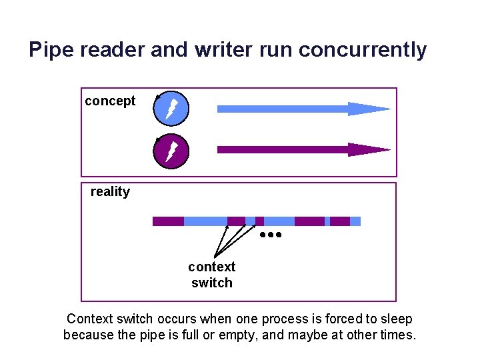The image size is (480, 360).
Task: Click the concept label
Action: pyautogui.click(x=110, y=101)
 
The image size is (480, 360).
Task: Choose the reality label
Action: pyautogui.click(x=110, y=192)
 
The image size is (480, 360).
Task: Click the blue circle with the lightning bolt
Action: pyautogui.click(x=171, y=108)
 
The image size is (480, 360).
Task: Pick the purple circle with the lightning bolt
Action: pyautogui.click(x=171, y=151)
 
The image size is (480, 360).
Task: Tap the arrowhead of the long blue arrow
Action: pyautogui.click(x=368, y=109)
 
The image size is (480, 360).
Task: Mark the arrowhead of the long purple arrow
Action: pyautogui.click(x=368, y=149)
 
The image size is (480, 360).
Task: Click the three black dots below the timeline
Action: pyautogui.click(x=271, y=235)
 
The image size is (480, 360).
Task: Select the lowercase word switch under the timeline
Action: pyautogui.click(x=211, y=283)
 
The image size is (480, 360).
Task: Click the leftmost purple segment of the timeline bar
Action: pyautogui.click(x=168, y=221)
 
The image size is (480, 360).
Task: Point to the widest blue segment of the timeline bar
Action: pyautogui.click(x=205, y=221)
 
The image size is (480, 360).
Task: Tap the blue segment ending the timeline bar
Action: pyautogui.click(x=355, y=221)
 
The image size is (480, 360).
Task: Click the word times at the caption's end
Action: pyautogui.click(x=397, y=335)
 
